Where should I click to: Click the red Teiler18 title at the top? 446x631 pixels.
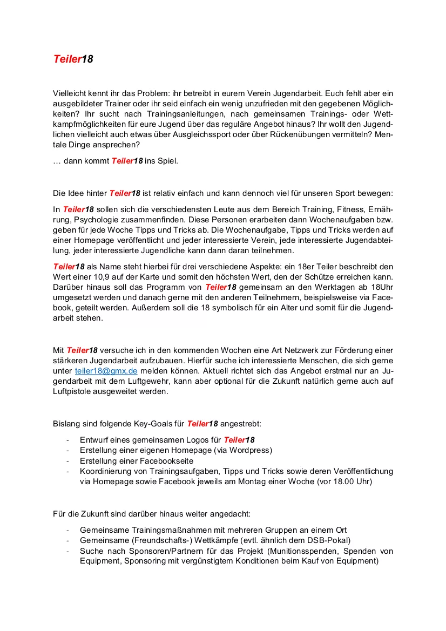point(73,59)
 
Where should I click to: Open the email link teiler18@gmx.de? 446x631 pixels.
point(106,371)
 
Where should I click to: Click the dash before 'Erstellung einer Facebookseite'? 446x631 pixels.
point(67,461)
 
